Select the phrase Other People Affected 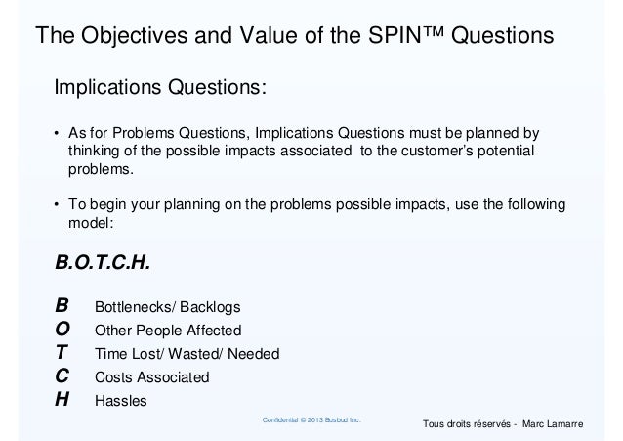(166, 330)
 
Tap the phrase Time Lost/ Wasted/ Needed (186, 353)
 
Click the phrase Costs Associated (151, 376)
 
